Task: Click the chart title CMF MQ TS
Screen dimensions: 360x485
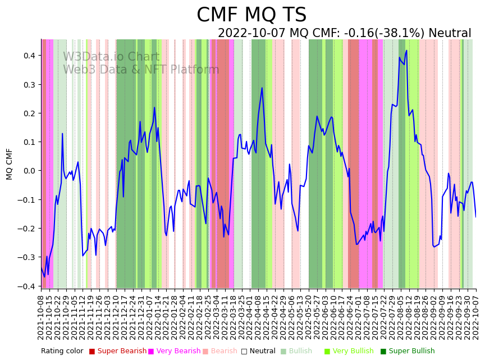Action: click(x=251, y=15)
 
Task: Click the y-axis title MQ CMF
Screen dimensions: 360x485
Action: click(x=10, y=164)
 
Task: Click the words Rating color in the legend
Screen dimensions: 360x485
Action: click(x=62, y=352)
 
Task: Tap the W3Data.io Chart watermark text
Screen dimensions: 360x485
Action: click(x=111, y=57)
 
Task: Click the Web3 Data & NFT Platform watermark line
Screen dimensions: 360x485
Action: click(x=141, y=70)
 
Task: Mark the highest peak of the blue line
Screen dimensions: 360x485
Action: click(x=406, y=51)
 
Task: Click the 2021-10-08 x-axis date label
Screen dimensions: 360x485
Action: click(x=41, y=317)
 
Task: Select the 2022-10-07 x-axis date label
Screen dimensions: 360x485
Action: click(x=475, y=317)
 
